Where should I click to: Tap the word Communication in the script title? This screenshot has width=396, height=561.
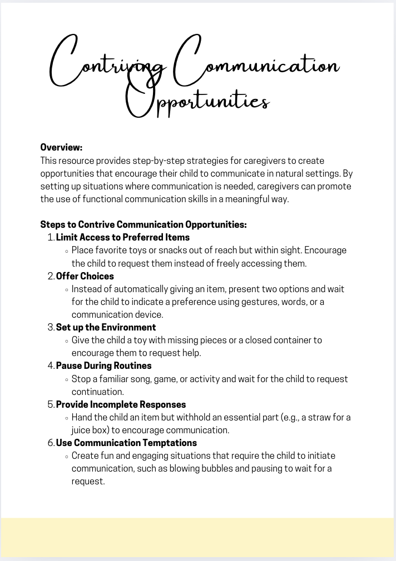pyautogui.click(x=256, y=64)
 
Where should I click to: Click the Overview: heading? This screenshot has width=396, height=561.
pyautogui.click(x=61, y=148)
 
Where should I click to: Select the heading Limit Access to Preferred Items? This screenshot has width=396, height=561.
pyautogui.click(x=123, y=238)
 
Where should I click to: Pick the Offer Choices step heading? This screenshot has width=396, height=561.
pyautogui.click(x=85, y=276)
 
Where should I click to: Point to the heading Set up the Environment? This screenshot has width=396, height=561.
pyautogui.click(x=106, y=328)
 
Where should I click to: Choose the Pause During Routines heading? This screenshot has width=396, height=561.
pyautogui.click(x=103, y=366)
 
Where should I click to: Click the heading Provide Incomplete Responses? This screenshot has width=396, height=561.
pyautogui.click(x=121, y=404)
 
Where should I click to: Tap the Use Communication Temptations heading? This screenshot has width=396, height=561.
pyautogui.click(x=126, y=443)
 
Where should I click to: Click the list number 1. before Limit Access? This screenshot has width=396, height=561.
pyautogui.click(x=51, y=238)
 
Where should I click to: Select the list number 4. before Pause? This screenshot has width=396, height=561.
pyautogui.click(x=51, y=366)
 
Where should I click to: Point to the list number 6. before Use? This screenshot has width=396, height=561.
pyautogui.click(x=51, y=443)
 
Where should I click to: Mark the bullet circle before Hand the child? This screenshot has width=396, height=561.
pyautogui.click(x=67, y=418)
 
